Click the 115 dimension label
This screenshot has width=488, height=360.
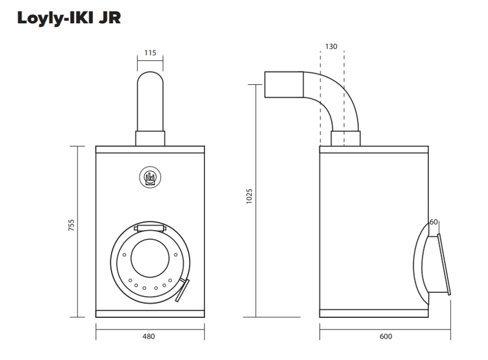(x=150, y=52)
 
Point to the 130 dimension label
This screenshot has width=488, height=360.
(x=331, y=46)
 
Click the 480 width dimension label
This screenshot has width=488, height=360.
(x=149, y=336)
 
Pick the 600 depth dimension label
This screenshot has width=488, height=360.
(x=385, y=336)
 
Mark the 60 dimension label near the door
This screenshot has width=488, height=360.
(x=434, y=222)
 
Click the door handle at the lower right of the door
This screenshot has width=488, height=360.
(x=184, y=290)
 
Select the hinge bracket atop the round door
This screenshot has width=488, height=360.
(x=150, y=228)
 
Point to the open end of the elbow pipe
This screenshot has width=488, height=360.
(x=266, y=84)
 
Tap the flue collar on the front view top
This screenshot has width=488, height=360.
(x=150, y=138)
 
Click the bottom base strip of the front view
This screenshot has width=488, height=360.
(x=150, y=314)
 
